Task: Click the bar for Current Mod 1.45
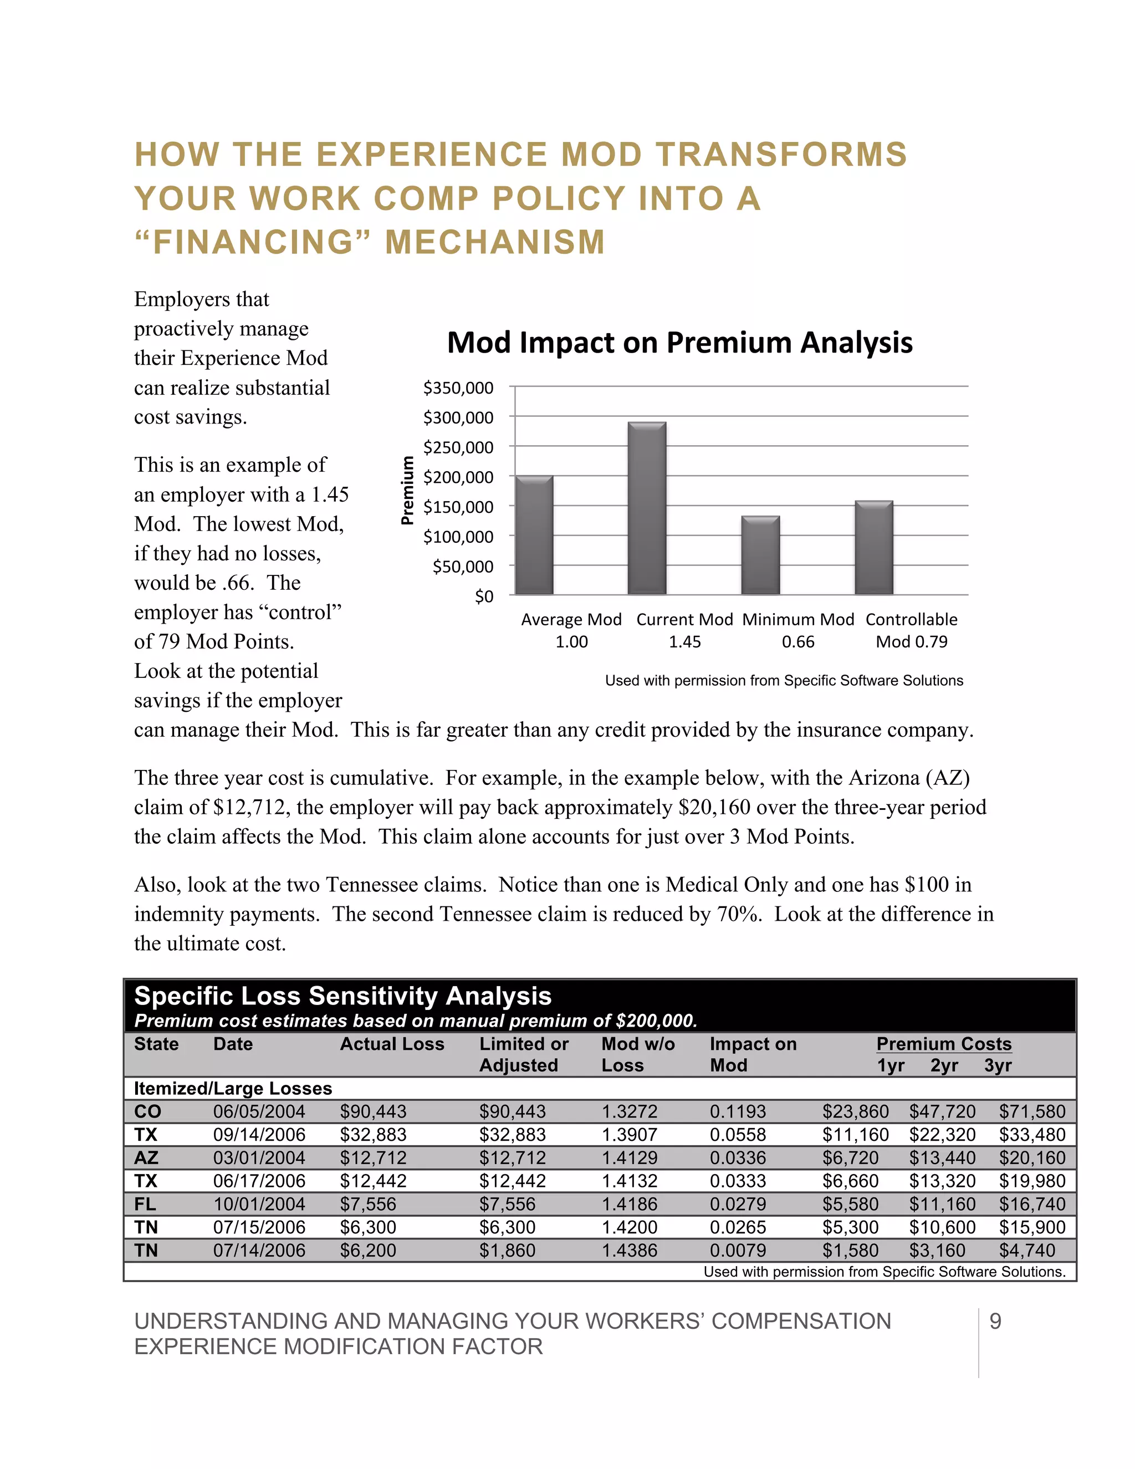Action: [x=647, y=509]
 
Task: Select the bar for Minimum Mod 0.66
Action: [x=760, y=555]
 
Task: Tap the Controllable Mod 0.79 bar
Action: [x=873, y=548]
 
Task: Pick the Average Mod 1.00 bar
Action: [x=534, y=535]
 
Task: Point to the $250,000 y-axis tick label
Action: [x=458, y=447]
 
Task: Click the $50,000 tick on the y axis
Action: [x=463, y=567]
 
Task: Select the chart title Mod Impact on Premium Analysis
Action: [x=680, y=343]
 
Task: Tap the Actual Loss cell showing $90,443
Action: [x=373, y=1111]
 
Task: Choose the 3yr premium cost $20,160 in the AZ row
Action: [x=1031, y=1157]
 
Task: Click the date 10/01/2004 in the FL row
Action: [x=259, y=1204]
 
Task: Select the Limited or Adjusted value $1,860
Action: [x=507, y=1251]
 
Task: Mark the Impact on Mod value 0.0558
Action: [x=738, y=1135]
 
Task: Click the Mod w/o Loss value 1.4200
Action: [x=630, y=1227]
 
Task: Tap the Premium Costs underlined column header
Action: [x=943, y=1044]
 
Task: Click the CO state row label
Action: [x=147, y=1111]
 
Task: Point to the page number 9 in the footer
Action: [x=995, y=1322]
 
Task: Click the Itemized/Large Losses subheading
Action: [x=233, y=1088]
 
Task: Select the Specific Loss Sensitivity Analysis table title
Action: [x=343, y=996]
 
